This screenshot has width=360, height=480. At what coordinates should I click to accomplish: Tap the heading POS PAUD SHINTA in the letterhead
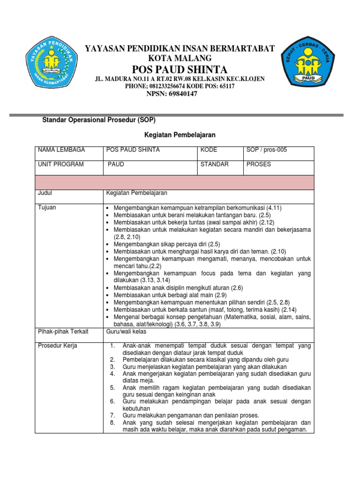pyautogui.click(x=180, y=69)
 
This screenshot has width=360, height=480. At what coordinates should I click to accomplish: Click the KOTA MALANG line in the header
pyautogui.click(x=180, y=59)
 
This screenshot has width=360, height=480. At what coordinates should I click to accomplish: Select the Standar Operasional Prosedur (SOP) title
pyautogui.click(x=99, y=120)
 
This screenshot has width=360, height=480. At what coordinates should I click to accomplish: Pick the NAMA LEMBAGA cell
pyautogui.click(x=61, y=150)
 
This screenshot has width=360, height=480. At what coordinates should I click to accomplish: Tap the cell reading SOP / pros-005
pyautogui.click(x=266, y=150)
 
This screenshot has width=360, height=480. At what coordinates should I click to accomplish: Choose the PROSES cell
pyautogui.click(x=259, y=165)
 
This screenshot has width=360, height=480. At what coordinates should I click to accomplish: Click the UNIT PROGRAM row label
pyautogui.click(x=61, y=165)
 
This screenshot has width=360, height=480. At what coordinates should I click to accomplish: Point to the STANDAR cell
pyautogui.click(x=214, y=165)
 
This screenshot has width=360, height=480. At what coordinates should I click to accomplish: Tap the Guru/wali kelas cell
pyautogui.click(x=127, y=332)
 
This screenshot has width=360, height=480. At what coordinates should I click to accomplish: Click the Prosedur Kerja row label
pyautogui.click(x=58, y=346)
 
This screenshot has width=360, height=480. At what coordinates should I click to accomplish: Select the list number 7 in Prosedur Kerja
pyautogui.click(x=112, y=415)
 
